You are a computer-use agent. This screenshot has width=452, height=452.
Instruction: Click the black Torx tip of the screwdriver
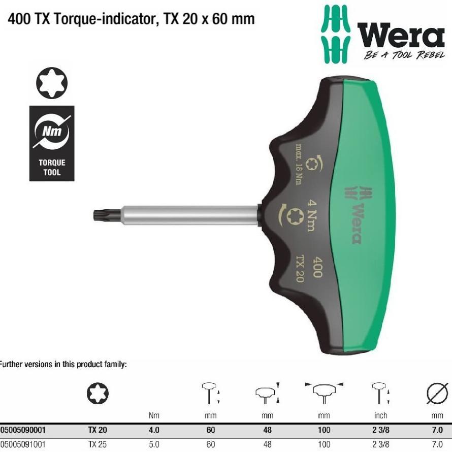[x=102, y=214]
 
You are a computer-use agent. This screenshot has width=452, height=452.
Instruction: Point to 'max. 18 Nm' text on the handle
[x=299, y=165]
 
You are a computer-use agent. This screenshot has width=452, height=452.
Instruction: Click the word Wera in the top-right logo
[x=401, y=37]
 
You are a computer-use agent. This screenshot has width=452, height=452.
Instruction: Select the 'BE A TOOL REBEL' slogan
[x=404, y=55]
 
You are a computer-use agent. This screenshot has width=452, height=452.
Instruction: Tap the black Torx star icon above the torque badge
[x=52, y=84]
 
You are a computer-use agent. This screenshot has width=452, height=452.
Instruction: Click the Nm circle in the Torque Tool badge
[x=52, y=132]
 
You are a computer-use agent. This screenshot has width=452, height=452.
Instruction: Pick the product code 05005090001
[x=25, y=430]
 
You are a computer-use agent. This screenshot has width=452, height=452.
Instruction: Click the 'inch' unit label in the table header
[x=380, y=415]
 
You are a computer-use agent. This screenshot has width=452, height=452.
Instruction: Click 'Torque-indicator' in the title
[x=96, y=19]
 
